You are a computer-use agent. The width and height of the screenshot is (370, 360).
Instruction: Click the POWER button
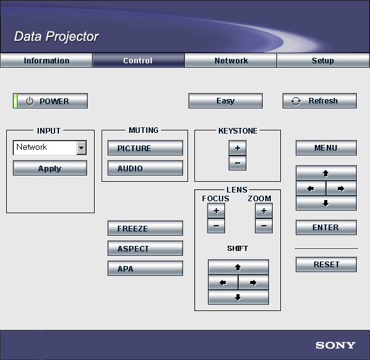50,101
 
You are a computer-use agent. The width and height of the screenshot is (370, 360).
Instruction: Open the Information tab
46,60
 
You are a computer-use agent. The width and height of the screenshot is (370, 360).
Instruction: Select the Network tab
231,60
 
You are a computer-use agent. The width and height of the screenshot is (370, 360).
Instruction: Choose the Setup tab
323,60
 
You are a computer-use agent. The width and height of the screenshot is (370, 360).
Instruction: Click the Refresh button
320,101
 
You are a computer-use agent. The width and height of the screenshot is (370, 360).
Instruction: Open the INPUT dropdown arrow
82,148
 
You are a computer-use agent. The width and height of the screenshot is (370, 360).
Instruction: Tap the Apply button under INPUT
50,168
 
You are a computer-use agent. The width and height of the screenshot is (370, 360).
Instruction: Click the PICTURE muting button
145,148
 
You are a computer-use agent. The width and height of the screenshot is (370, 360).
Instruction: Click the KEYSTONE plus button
238,148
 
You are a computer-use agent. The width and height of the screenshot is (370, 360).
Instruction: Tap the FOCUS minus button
216,226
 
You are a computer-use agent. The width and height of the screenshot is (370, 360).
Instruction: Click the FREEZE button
145,228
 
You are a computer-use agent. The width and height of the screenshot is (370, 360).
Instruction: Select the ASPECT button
145,248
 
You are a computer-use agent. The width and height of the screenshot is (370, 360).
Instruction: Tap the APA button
145,268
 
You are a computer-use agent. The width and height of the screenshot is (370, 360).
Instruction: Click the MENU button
326,148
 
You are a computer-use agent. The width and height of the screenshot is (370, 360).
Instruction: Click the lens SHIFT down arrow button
238,297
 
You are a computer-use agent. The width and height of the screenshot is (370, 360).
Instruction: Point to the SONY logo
336,346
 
